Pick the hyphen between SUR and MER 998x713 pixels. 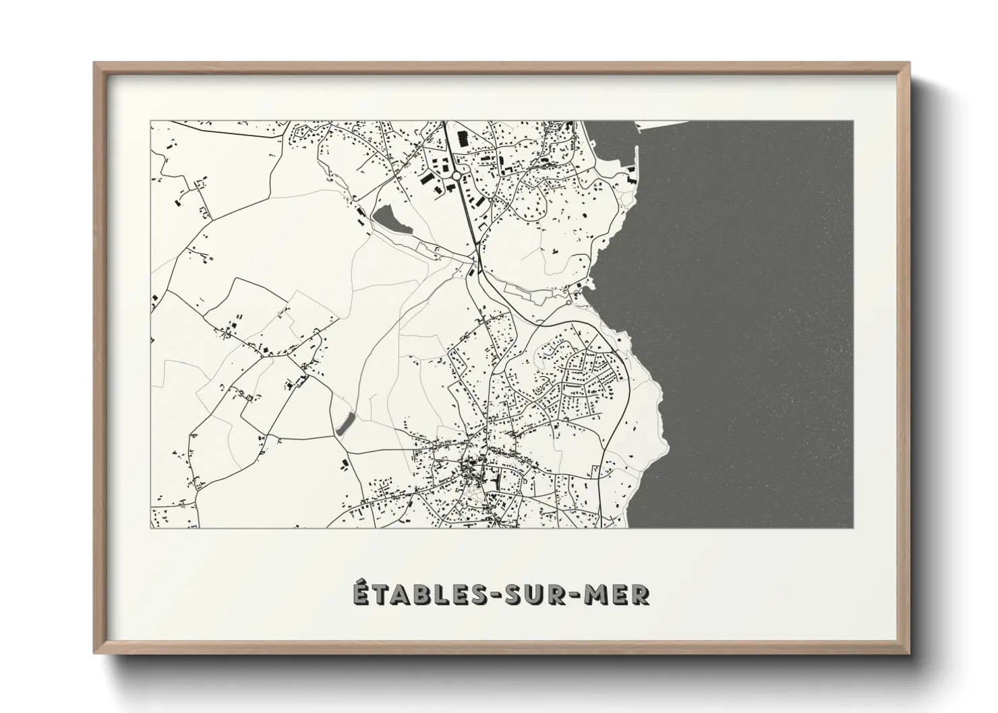(576, 595)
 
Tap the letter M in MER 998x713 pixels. (597, 594)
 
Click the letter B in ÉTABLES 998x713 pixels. (417, 594)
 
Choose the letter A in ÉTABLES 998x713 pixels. (397, 594)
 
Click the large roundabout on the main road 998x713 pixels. (457, 176)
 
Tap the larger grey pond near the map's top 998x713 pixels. (391, 220)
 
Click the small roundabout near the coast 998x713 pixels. (568, 302)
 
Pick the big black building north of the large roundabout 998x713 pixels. (463, 138)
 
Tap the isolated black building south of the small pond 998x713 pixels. (345, 463)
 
